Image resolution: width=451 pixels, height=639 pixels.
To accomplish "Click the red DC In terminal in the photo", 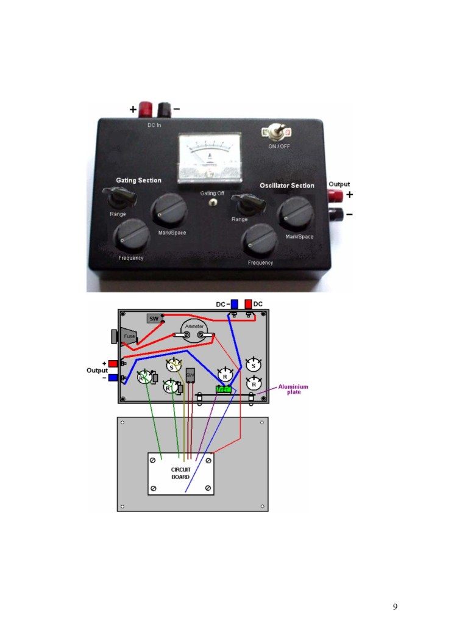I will click(x=147, y=110).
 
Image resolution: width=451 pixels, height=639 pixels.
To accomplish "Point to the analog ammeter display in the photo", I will click(x=210, y=158).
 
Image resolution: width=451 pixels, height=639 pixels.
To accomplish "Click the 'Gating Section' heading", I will click(x=139, y=180).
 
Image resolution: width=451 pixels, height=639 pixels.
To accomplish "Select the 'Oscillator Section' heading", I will click(x=287, y=186).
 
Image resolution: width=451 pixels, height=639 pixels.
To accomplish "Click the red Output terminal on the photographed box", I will click(x=335, y=195).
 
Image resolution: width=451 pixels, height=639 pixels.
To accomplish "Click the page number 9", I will click(x=395, y=606).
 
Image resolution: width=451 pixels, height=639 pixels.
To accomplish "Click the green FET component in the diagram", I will click(x=224, y=388).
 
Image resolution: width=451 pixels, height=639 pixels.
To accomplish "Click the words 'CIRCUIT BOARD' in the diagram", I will click(x=180, y=472).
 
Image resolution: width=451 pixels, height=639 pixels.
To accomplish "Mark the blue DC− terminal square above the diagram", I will click(x=235, y=304).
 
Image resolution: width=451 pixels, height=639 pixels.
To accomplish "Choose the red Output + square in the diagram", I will click(x=113, y=364).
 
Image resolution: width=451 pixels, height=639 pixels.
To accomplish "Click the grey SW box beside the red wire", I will click(x=153, y=318).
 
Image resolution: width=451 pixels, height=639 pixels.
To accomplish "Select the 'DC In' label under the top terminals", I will click(x=155, y=125).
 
